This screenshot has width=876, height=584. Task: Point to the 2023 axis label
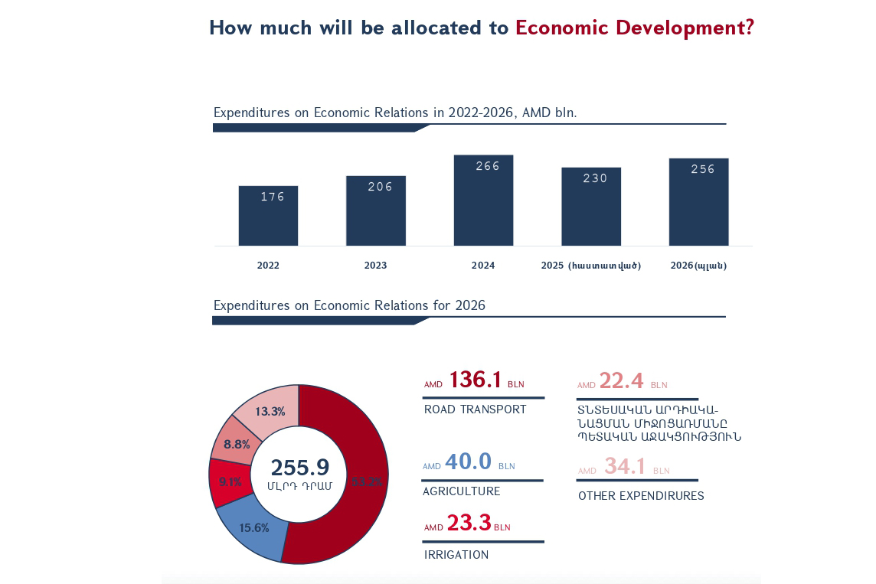[x=375, y=266]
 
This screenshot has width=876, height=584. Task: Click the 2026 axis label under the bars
[x=698, y=266]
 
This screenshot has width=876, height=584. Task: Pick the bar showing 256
[x=698, y=202]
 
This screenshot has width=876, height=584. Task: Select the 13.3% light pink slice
[x=270, y=411]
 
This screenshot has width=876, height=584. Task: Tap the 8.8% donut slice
[x=237, y=444]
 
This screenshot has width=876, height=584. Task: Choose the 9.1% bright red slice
[x=230, y=482]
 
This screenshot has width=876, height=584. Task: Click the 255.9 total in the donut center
[x=299, y=468]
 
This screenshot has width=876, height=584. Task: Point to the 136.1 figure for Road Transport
[x=475, y=380]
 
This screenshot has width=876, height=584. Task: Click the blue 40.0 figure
[x=468, y=462]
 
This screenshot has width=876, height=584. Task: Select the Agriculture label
[x=461, y=491]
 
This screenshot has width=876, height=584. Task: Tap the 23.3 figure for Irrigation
[x=469, y=523]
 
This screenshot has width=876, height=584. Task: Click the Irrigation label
[x=456, y=555]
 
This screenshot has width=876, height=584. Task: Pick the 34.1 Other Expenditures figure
[x=624, y=466]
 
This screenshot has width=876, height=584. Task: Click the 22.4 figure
[x=621, y=380]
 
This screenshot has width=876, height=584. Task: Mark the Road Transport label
[x=475, y=409]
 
